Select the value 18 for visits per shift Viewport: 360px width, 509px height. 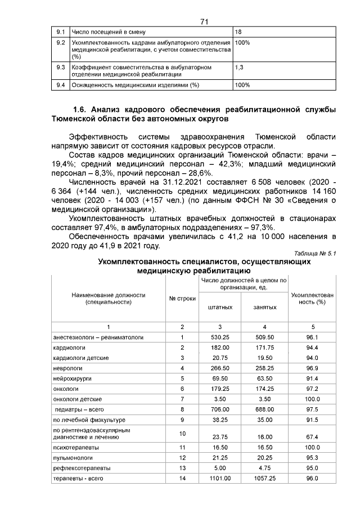click(238, 31)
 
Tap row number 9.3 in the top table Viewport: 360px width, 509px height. click(61, 67)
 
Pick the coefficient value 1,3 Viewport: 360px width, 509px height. click(239, 67)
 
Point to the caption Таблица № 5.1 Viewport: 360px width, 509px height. click(315, 254)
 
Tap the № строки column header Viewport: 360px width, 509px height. click(182, 298)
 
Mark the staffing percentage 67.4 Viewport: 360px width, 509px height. click(312, 436)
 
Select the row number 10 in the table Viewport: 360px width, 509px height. click(182, 433)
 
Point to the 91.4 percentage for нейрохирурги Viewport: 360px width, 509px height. click(312, 378)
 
